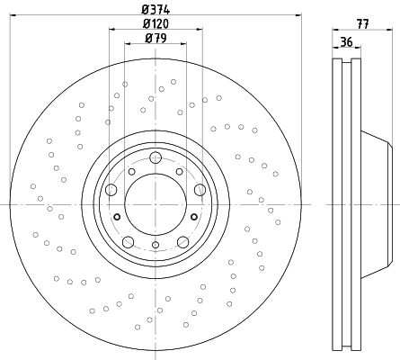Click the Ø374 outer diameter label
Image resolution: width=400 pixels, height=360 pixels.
tap(156, 10)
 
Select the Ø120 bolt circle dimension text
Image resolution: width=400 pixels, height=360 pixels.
tap(156, 23)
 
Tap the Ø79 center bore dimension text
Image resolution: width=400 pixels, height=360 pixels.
tap(156, 38)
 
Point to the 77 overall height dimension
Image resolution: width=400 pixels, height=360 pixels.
tap(362, 24)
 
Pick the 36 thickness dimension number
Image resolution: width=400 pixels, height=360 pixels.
tap(347, 42)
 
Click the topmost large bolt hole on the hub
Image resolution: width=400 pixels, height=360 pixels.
tap(156, 157)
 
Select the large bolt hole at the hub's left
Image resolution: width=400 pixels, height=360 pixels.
tap(111, 190)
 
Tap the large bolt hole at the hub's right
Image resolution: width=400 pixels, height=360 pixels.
tap(200, 190)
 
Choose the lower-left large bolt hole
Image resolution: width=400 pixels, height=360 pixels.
tap(129, 242)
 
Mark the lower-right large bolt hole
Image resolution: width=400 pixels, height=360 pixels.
tap(182, 242)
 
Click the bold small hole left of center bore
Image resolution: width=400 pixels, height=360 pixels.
tap(117, 217)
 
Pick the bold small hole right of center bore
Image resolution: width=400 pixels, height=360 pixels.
tap(194, 217)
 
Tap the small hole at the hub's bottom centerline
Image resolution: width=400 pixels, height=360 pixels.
tap(156, 245)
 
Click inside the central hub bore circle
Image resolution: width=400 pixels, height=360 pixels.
tap(156, 204)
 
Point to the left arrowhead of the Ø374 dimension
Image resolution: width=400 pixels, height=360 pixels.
tap(13, 14)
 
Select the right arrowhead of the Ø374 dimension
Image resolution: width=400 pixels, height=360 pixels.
tap(298, 14)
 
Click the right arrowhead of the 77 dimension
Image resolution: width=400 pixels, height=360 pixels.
tap(389, 30)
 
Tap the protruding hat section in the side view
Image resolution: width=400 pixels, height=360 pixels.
tap(377, 204)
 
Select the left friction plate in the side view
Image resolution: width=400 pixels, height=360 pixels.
tap(337, 204)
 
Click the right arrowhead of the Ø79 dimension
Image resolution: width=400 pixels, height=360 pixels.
tap(182, 44)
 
